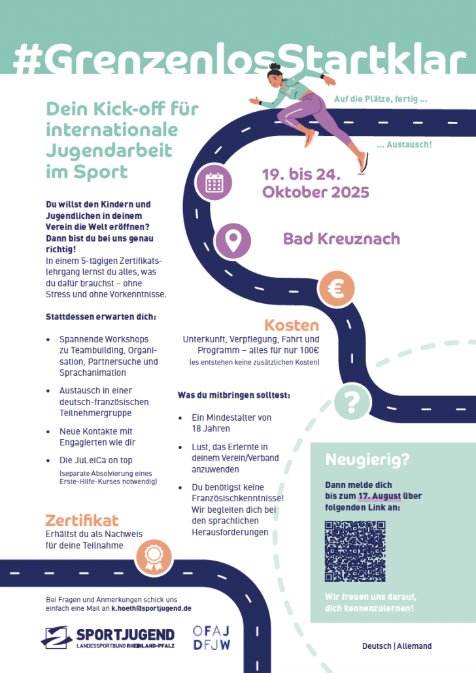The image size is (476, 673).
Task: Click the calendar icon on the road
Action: pos(214,182)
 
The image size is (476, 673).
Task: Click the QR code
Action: pos(355,551)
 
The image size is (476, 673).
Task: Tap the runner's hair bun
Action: pos(275,67)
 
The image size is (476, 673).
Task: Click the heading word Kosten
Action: pos(291,325)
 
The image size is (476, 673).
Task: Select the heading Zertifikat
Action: pos(82,520)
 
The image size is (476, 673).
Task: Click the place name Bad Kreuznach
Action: pos(341,238)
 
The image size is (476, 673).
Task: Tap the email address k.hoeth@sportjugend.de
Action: pos(151,608)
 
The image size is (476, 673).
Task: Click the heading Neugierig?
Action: pos(367,460)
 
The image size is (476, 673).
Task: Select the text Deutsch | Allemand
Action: pos(397,646)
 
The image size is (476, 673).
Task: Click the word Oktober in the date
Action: pos(292,192)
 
